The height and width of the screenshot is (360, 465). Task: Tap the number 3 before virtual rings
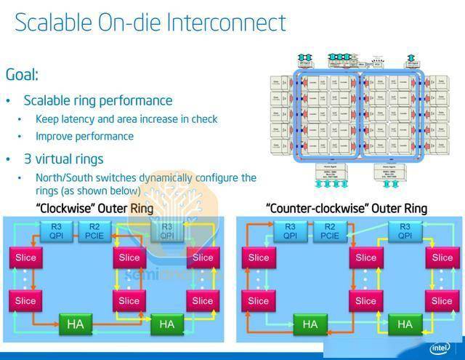[28, 159]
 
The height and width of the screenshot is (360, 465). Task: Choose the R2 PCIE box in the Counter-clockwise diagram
[331, 231]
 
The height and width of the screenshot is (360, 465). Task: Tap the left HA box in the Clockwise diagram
[76, 324]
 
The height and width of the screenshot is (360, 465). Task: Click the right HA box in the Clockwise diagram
[167, 324]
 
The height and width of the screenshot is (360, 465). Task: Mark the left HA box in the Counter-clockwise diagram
[310, 324]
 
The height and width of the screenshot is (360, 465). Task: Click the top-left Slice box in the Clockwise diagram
[25, 257]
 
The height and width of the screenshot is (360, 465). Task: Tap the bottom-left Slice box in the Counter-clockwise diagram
[259, 300]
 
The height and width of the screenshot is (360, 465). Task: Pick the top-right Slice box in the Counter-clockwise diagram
[442, 257]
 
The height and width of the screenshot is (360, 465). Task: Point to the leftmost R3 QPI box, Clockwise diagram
[57, 231]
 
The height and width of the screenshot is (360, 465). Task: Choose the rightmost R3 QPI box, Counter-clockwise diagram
[404, 231]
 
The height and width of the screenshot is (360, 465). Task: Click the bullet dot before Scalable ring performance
[9, 101]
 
